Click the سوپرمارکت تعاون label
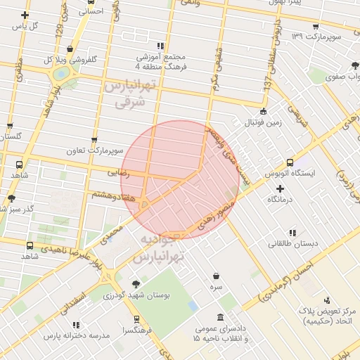click(x=95, y=151)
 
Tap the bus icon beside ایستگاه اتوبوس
click(x=290, y=162)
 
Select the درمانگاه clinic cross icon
click(x=281, y=189)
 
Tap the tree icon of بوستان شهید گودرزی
click(x=136, y=283)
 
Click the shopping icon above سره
click(x=215, y=276)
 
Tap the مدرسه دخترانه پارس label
click(x=77, y=335)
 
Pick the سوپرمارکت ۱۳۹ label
click(x=317, y=35)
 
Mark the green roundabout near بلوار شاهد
click(x=61, y=73)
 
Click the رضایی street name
click(x=118, y=171)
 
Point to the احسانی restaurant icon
click(x=90, y=11)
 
